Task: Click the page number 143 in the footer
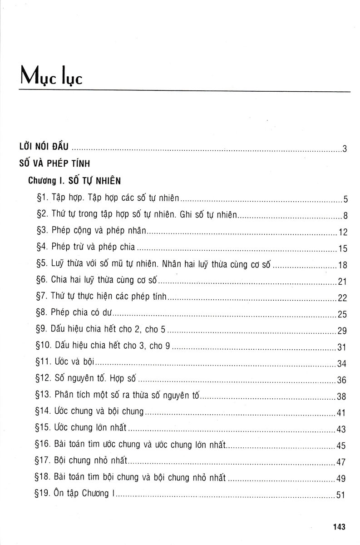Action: click(339, 527)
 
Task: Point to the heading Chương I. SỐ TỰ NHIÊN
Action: click(74, 181)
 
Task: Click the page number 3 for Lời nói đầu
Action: click(345, 149)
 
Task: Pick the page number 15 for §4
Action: click(342, 248)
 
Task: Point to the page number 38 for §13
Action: click(342, 396)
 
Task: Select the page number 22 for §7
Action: click(342, 298)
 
